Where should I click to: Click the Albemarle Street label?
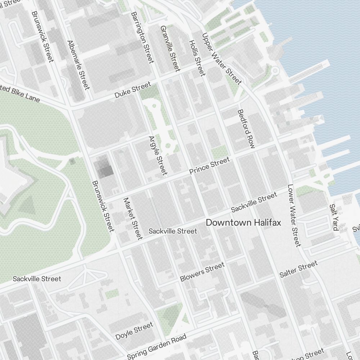click(78, 65)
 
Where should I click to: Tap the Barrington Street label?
click(143, 37)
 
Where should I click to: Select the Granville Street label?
click(170, 48)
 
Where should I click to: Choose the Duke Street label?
click(132, 90)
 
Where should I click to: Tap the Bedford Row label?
click(246, 129)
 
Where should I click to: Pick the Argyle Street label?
click(158, 156)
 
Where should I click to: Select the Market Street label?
click(133, 218)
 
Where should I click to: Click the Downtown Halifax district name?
click(243, 223)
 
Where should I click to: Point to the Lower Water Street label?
click(294, 216)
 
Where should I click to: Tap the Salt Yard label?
click(333, 217)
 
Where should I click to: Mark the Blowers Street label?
click(202, 272)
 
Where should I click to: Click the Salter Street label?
click(298, 270)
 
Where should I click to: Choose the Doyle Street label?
click(134, 331)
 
